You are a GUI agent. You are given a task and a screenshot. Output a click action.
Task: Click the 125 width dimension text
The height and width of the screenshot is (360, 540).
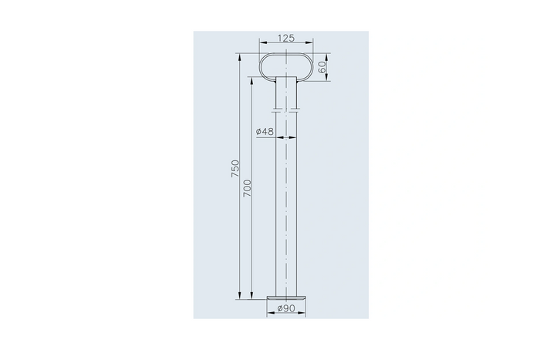pyautogui.click(x=287, y=36)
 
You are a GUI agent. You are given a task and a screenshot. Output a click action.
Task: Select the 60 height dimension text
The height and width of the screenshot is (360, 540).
pyautogui.click(x=322, y=66)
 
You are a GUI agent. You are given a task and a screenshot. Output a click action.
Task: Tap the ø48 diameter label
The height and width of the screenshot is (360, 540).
pyautogui.click(x=265, y=132)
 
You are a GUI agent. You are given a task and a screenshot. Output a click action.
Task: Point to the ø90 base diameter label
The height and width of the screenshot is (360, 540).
pyautogui.click(x=287, y=309)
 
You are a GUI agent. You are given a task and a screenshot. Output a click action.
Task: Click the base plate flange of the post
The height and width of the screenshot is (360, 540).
pyautogui.click(x=287, y=295)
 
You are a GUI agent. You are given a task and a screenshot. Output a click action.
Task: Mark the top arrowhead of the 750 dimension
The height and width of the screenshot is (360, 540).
pyautogui.click(x=240, y=56)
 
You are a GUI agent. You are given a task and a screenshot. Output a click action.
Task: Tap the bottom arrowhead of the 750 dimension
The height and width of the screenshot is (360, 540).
pyautogui.click(x=240, y=296)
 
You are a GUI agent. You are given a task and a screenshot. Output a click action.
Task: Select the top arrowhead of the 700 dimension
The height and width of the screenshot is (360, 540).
pyautogui.click(x=252, y=79)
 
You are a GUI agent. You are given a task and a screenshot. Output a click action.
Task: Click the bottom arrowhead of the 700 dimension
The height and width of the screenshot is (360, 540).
pyautogui.click(x=252, y=296)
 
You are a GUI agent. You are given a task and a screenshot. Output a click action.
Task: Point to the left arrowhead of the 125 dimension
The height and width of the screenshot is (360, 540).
pyautogui.click(x=261, y=43)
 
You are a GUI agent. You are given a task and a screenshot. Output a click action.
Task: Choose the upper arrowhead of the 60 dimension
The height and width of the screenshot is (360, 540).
pyautogui.click(x=326, y=56)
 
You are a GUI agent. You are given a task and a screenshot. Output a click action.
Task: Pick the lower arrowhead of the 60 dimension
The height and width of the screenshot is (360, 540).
pyautogui.click(x=326, y=77)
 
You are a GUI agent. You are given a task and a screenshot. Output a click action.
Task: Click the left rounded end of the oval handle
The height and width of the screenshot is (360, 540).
pyautogui.click(x=262, y=66)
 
